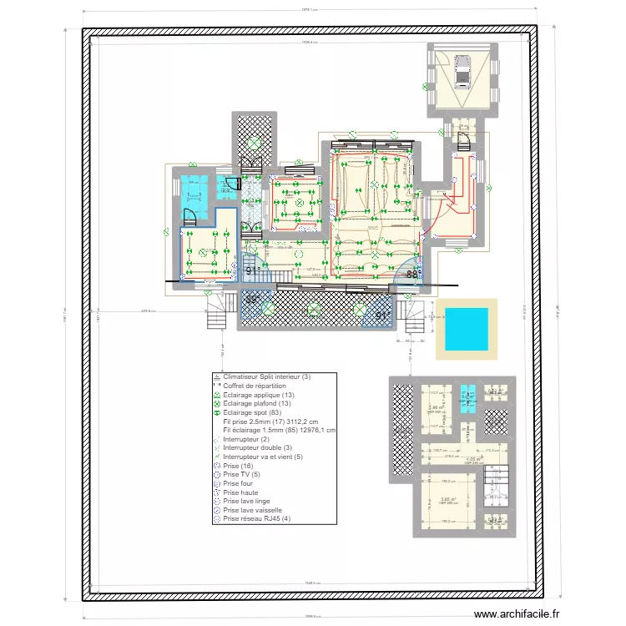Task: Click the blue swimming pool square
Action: (466, 329)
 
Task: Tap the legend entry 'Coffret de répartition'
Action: (255, 386)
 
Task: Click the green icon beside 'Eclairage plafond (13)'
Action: (216, 404)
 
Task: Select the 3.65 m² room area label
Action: (447, 497)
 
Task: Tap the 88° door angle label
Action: (411, 274)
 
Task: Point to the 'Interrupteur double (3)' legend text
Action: (257, 447)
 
